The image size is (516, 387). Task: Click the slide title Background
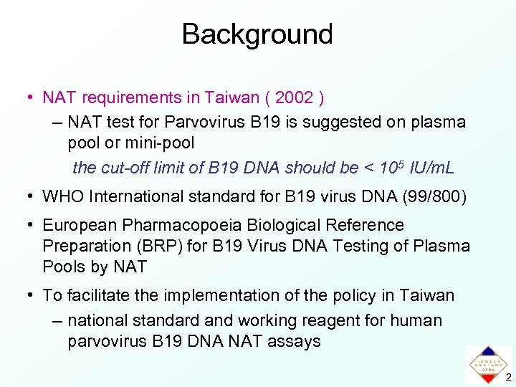click(257, 34)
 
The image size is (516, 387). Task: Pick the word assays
click(294, 341)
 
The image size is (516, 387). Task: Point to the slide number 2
click(507, 377)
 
